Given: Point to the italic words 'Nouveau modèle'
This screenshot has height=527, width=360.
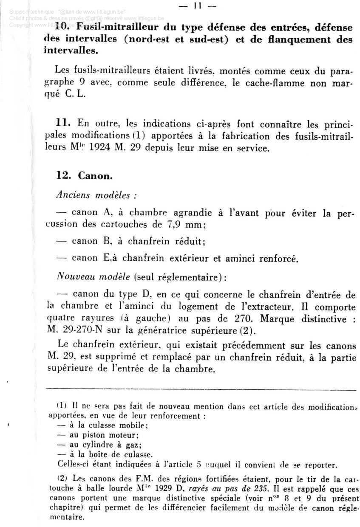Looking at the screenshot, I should pyautogui.click(x=94, y=276).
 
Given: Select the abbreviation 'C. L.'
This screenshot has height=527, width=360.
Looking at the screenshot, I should pyautogui.click(x=76, y=94).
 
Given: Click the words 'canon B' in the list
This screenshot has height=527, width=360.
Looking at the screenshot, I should pyautogui.click(x=91, y=241).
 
